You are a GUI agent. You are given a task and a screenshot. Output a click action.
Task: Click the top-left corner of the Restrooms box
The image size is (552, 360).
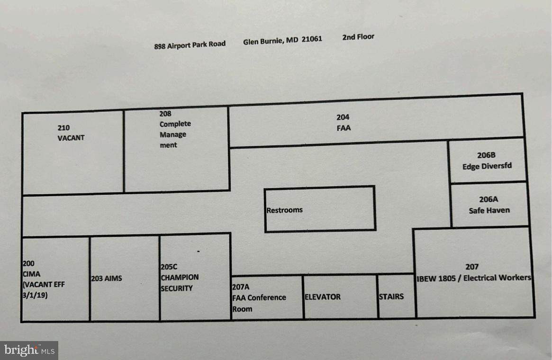265,189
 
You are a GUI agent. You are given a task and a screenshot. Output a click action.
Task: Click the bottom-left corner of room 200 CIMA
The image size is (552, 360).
22,321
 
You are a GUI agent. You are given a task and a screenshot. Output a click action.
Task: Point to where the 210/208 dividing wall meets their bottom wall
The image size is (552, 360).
124,192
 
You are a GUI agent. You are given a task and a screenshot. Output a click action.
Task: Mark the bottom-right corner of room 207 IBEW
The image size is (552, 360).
534,317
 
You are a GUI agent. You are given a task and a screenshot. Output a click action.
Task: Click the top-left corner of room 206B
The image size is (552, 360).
449,141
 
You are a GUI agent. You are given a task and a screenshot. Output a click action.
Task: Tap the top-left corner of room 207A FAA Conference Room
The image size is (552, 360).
231,276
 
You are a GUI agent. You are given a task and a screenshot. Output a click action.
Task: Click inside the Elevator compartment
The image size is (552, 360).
340,297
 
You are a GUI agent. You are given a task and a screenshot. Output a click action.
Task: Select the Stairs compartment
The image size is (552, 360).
397,297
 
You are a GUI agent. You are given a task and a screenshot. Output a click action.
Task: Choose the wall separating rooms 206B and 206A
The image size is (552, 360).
489,182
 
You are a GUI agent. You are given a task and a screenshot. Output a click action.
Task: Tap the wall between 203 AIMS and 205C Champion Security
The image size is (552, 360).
160,278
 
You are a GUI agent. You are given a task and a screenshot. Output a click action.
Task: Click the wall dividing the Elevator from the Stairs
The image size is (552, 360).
378,297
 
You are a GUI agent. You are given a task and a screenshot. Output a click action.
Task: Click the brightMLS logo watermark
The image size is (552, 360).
29,351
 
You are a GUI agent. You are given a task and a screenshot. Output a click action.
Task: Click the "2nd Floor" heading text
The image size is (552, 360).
358,37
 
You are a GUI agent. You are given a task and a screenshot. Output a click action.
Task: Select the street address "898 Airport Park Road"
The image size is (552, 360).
190,45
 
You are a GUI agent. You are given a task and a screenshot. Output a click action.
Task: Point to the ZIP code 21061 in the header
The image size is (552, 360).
312,39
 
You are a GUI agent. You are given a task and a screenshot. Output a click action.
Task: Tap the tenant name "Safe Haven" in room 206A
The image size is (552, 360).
489,210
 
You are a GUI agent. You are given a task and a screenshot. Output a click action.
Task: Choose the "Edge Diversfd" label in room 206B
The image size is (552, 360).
487,166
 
